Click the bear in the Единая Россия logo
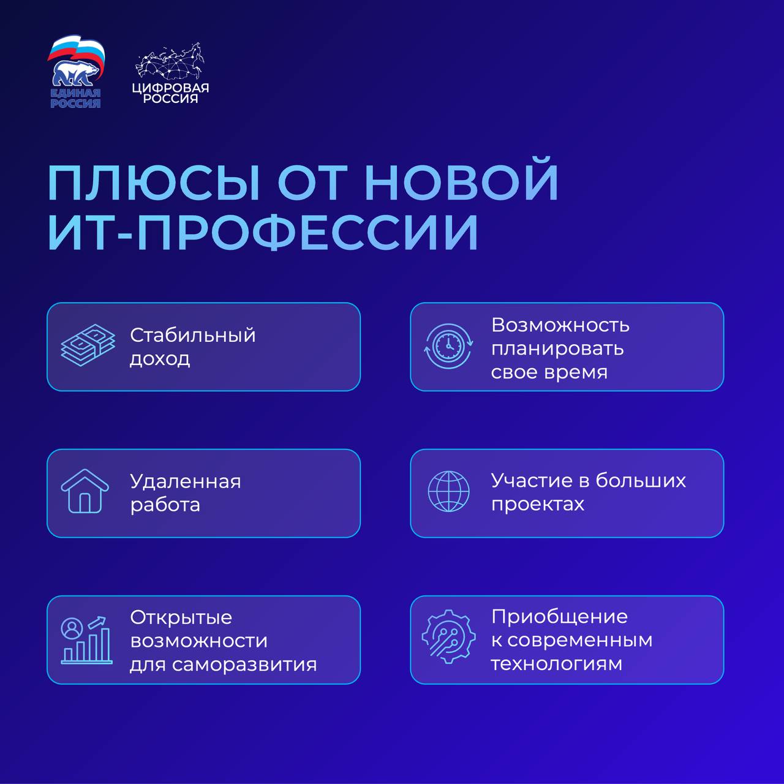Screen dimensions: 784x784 (75, 73)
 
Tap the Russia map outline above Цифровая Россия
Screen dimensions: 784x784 (170, 62)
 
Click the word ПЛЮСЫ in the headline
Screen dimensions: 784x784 (153, 183)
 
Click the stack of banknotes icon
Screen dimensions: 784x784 (88, 345)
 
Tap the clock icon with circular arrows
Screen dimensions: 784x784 (448, 346)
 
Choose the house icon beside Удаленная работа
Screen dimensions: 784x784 (85, 491)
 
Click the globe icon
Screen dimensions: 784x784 (448, 491)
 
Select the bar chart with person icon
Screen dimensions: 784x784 (86, 640)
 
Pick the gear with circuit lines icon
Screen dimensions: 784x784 (448, 637)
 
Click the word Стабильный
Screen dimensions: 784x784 (192, 335)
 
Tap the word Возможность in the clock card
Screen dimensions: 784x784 (560, 325)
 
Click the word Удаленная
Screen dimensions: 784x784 (186, 483)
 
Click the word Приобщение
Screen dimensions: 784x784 (559, 617)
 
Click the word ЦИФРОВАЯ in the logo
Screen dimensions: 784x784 (170, 88)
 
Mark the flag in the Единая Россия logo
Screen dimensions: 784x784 (76, 51)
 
